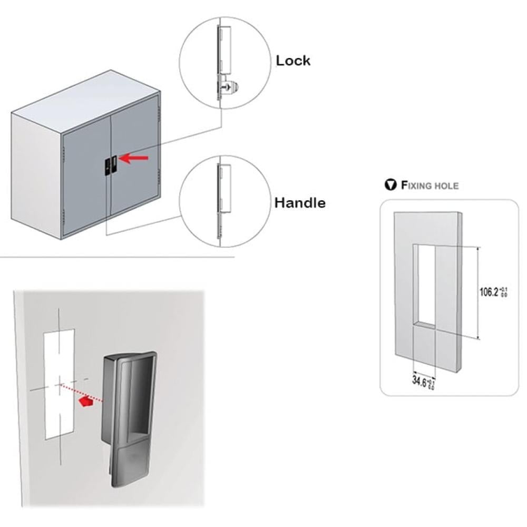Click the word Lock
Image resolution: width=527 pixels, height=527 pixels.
pos(293,61)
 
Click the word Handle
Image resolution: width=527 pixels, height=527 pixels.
pos(300,202)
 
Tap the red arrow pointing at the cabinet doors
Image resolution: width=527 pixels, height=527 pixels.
pos(136,157)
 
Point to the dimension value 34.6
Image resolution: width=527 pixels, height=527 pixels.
pos(421,380)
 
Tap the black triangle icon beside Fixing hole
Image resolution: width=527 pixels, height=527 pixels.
pos(391,185)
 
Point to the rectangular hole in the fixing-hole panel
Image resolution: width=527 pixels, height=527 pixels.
pos(424,285)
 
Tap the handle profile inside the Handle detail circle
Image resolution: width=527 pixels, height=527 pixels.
pos(223,190)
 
